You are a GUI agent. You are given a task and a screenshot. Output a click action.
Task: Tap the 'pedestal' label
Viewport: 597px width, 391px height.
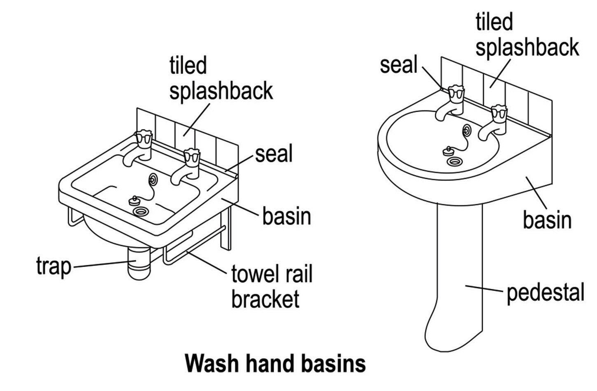[x=545, y=293]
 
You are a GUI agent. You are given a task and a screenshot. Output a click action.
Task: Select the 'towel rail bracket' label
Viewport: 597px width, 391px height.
[x=272, y=286]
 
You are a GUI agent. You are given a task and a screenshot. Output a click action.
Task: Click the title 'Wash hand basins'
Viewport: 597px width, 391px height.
[x=275, y=363]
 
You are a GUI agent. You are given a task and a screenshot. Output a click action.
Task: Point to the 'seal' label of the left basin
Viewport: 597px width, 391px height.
[x=274, y=154]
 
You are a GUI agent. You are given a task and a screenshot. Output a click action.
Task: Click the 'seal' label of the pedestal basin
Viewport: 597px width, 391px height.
[x=398, y=65]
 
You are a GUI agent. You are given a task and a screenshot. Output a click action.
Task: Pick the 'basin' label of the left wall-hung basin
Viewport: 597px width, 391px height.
[x=286, y=216]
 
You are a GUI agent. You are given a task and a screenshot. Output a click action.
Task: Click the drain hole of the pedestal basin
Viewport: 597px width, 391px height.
[x=455, y=161]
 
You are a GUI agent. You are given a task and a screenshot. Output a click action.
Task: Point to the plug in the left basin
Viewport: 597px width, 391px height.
[x=134, y=201]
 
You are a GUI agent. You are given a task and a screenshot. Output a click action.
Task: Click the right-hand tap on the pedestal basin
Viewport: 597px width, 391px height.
[x=495, y=121]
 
